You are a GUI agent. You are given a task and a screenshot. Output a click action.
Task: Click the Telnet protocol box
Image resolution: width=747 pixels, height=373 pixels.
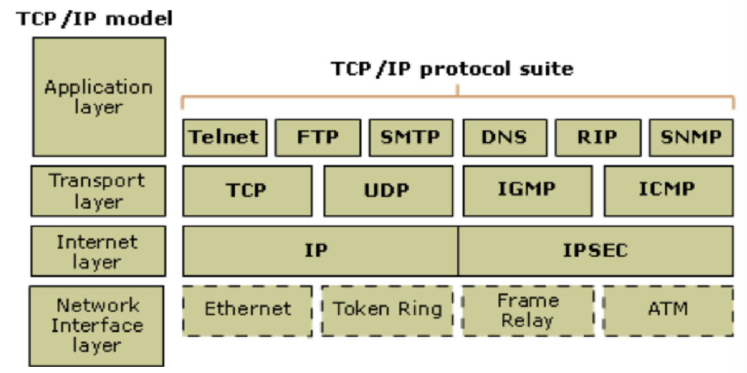(224, 137)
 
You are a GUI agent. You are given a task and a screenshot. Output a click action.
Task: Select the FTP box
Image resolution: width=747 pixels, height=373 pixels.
(317, 137)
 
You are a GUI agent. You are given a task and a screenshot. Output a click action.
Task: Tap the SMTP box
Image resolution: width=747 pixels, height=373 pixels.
(411, 137)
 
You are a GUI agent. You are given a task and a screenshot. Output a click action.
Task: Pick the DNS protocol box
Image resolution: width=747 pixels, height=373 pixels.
(504, 137)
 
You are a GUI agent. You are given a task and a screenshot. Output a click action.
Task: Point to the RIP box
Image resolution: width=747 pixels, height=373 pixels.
(597, 137)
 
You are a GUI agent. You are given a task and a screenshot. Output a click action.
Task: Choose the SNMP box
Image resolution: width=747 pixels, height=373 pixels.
(691, 137)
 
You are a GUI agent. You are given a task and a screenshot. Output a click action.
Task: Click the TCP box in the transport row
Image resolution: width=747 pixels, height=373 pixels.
(247, 190)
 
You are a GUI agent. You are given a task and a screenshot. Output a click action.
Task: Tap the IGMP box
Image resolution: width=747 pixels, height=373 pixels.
(527, 190)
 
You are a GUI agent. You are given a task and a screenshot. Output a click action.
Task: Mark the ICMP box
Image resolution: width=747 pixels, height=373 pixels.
(668, 190)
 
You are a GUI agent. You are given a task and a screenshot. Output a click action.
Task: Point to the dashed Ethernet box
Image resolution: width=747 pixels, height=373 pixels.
(247, 311)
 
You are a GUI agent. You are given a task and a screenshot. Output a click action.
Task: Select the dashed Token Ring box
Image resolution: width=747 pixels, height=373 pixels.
(387, 311)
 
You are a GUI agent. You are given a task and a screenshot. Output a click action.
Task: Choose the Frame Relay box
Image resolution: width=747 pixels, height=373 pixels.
(528, 311)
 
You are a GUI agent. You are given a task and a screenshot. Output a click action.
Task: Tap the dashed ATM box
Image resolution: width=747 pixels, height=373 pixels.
(668, 311)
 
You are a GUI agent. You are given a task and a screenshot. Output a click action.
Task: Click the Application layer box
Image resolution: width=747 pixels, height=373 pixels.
(99, 96)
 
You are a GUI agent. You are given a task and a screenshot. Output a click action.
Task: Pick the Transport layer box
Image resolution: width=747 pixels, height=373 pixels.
(99, 190)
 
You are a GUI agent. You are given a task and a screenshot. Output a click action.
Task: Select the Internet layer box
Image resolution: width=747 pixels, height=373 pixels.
(99, 251)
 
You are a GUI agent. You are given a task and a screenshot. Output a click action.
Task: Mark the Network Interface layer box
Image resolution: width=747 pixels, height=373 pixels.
(96, 325)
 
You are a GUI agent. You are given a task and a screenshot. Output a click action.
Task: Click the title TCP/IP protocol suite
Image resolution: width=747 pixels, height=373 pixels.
(452, 69)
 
